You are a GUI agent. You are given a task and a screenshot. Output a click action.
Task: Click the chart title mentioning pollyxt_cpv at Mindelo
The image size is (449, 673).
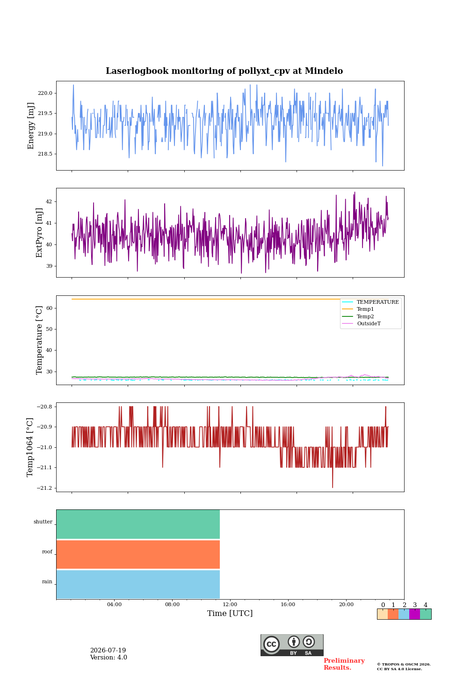[224, 71]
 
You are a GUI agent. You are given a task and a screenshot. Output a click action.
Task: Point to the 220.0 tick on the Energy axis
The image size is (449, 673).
[45, 93]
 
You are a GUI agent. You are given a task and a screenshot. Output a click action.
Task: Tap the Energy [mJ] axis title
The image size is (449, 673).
[31, 126]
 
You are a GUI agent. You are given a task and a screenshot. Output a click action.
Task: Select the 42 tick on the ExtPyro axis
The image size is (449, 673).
[49, 201]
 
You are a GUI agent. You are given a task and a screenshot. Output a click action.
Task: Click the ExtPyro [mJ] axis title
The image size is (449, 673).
[39, 233]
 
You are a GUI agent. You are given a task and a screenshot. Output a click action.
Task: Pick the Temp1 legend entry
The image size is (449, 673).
[365, 309]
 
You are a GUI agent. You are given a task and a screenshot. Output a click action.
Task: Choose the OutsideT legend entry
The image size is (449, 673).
[369, 323]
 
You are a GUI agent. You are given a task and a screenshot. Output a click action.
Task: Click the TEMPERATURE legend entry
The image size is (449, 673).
[377, 302]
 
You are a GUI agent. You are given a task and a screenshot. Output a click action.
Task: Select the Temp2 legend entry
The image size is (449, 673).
[365, 316]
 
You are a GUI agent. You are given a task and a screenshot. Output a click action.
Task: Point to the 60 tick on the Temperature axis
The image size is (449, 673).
[49, 308]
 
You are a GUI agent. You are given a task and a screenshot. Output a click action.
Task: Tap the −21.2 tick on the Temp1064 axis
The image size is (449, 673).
[44, 488]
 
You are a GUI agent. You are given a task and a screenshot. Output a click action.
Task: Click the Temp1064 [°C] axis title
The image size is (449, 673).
[29, 447]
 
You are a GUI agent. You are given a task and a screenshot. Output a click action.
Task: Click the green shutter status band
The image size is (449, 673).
[138, 524]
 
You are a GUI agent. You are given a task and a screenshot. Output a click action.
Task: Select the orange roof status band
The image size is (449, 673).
[138, 554]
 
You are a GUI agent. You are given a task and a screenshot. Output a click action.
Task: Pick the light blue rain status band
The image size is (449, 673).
[138, 584]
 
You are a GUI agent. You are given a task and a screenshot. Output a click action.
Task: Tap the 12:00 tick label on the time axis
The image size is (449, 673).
[230, 604]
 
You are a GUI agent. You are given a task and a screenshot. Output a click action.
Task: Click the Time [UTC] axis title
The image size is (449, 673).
[230, 613]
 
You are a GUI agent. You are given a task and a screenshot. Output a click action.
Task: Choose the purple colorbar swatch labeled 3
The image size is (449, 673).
[414, 614]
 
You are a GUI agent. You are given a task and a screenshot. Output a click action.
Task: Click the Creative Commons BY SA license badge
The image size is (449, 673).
[292, 645]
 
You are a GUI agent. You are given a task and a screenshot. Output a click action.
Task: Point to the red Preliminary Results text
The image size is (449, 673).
[344, 664]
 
